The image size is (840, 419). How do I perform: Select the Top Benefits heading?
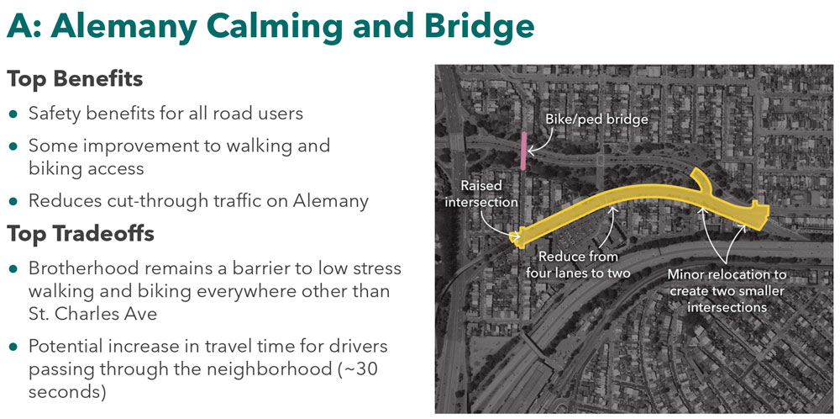click(x=75, y=80)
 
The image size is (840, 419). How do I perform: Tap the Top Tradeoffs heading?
click(x=81, y=233)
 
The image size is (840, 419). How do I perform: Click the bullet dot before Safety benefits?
click(x=13, y=113)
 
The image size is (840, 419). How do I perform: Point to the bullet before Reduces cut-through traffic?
click(x=13, y=201)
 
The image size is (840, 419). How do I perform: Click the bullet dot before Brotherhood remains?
click(x=13, y=268)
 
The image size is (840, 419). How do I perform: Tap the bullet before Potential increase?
click(x=13, y=347)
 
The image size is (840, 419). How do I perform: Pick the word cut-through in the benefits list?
click(x=148, y=200)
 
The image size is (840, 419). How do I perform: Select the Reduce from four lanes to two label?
click(x=578, y=264)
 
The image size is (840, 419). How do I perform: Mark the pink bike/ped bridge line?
click(x=524, y=151)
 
